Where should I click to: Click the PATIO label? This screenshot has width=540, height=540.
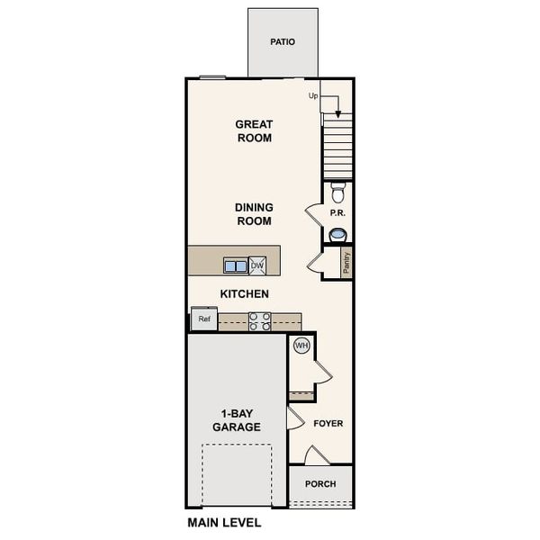click(283, 42)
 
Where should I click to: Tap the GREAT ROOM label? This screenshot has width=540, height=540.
click(254, 131)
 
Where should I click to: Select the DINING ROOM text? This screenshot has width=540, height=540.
click(254, 214)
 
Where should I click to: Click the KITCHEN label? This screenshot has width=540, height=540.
click(245, 294)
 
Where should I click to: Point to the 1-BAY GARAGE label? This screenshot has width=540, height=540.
click(237, 420)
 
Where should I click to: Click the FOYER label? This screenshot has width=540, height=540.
click(328, 423)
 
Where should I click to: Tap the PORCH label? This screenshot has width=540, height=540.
click(320, 484)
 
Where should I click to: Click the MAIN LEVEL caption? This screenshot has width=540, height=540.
click(224, 522)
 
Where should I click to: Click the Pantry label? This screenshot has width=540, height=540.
click(346, 262)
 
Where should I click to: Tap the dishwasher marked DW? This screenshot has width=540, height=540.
click(257, 265)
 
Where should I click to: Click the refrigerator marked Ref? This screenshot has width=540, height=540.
click(203, 319)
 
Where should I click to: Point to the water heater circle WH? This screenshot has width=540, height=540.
click(301, 345)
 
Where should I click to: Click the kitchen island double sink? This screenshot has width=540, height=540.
click(236, 265)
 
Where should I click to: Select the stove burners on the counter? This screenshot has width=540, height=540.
click(260, 321)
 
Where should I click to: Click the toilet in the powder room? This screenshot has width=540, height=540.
click(337, 193)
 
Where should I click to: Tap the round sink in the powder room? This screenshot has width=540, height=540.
click(337, 235)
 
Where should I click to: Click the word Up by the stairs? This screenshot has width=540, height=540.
click(314, 95)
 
